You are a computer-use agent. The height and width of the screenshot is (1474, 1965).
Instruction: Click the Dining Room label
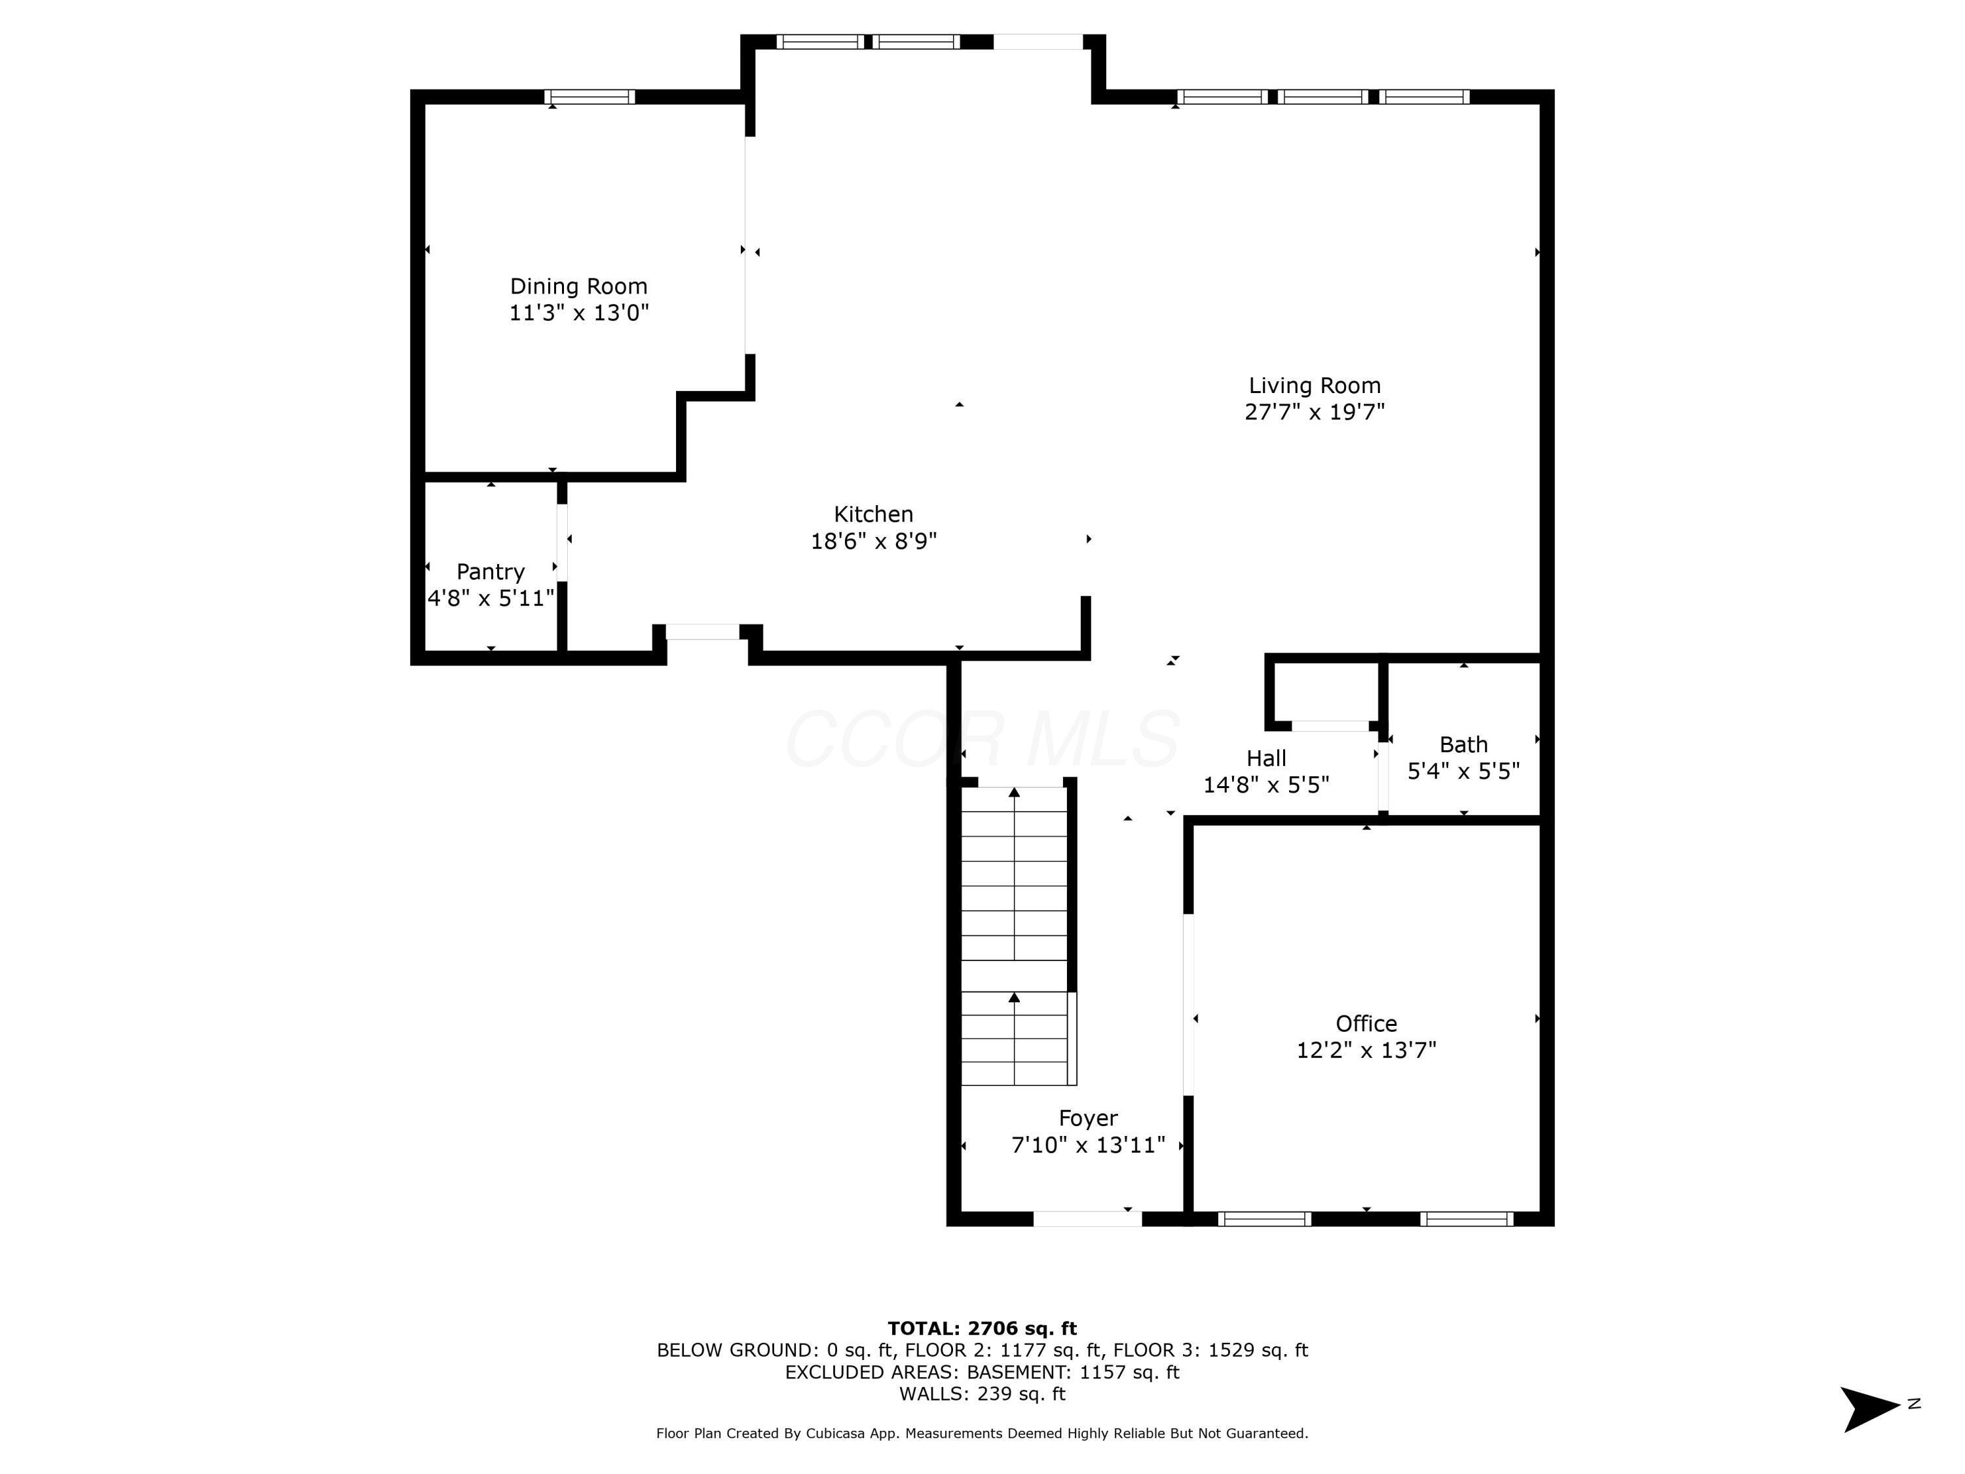(578, 286)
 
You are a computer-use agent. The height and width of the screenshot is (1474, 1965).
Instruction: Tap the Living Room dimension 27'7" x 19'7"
(1314, 412)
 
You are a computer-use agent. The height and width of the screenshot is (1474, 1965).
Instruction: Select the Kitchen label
(872, 514)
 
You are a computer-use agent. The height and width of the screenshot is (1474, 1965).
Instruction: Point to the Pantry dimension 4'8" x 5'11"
(491, 598)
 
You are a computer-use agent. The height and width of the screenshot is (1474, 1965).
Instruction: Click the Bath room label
(1463, 745)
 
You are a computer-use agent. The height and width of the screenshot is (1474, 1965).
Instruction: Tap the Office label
(1366, 1023)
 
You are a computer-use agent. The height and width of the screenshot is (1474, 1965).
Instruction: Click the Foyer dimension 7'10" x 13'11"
(1087, 1145)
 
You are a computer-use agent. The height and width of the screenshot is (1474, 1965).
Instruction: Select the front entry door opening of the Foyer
(1087, 1219)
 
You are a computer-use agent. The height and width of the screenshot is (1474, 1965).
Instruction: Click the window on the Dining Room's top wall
(589, 97)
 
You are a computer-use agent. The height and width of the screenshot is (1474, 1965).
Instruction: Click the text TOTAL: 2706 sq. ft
(982, 1329)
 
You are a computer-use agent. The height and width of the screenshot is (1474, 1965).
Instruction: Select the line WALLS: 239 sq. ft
(982, 1393)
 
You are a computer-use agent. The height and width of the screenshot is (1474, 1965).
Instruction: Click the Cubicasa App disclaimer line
(982, 1433)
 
